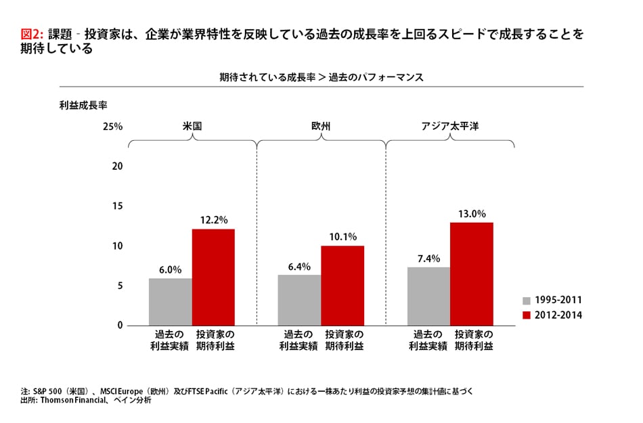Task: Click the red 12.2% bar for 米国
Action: pos(213,277)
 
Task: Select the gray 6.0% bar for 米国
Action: pos(171,302)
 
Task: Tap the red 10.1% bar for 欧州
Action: pos(342,286)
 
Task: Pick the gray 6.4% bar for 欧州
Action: pos(299,300)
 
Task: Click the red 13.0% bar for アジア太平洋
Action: pos(472,274)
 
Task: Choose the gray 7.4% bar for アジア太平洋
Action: pos(428,296)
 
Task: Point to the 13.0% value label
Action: pos(472,214)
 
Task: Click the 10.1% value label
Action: pos(342,237)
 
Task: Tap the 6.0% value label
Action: pos(171,269)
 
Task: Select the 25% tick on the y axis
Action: pos(112,127)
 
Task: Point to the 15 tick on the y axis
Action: pos(116,206)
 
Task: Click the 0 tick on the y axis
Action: pos(120,326)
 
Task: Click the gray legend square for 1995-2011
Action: pos(526,300)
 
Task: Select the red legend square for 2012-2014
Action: pos(526,315)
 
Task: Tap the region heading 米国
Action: pos(192,127)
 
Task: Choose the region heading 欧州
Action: pos(321,127)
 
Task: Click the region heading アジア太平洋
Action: pos(450,127)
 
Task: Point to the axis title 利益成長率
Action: pos(84,106)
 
